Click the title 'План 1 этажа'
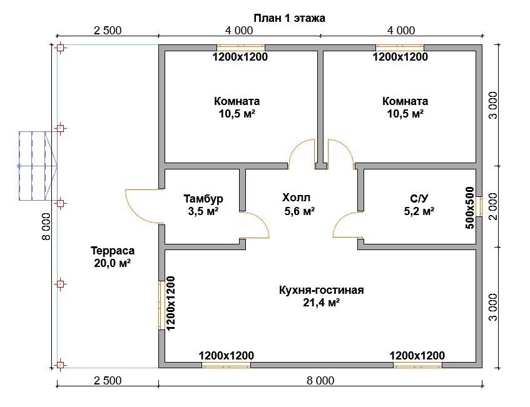(x=289, y=18)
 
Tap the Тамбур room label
(x=203, y=199)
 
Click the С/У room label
(x=419, y=199)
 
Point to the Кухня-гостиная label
(x=322, y=290)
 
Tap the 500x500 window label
(x=470, y=207)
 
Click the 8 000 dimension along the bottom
(x=320, y=380)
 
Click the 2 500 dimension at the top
(x=107, y=30)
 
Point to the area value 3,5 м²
(x=203, y=211)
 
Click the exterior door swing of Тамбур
(x=143, y=206)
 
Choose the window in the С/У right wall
(x=479, y=206)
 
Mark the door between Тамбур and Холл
(x=254, y=225)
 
